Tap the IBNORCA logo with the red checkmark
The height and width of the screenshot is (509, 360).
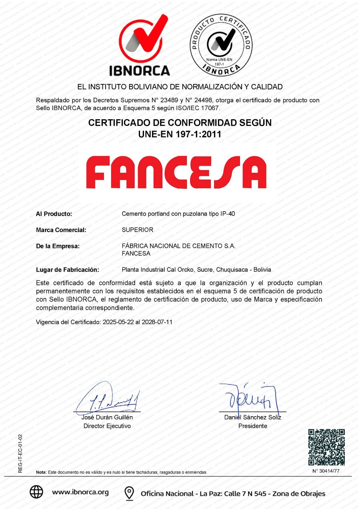140,45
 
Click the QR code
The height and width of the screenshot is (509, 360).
326,447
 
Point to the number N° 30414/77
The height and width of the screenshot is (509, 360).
326,471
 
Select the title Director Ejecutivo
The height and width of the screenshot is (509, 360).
107,426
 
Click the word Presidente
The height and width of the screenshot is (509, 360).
253,426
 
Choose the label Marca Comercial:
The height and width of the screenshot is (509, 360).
61,230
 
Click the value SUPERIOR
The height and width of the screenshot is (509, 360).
138,230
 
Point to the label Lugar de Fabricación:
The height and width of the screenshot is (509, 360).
68,270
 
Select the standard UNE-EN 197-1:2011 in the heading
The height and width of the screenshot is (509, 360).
180,135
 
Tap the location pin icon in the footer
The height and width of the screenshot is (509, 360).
129,493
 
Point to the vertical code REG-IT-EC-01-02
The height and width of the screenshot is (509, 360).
20,454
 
